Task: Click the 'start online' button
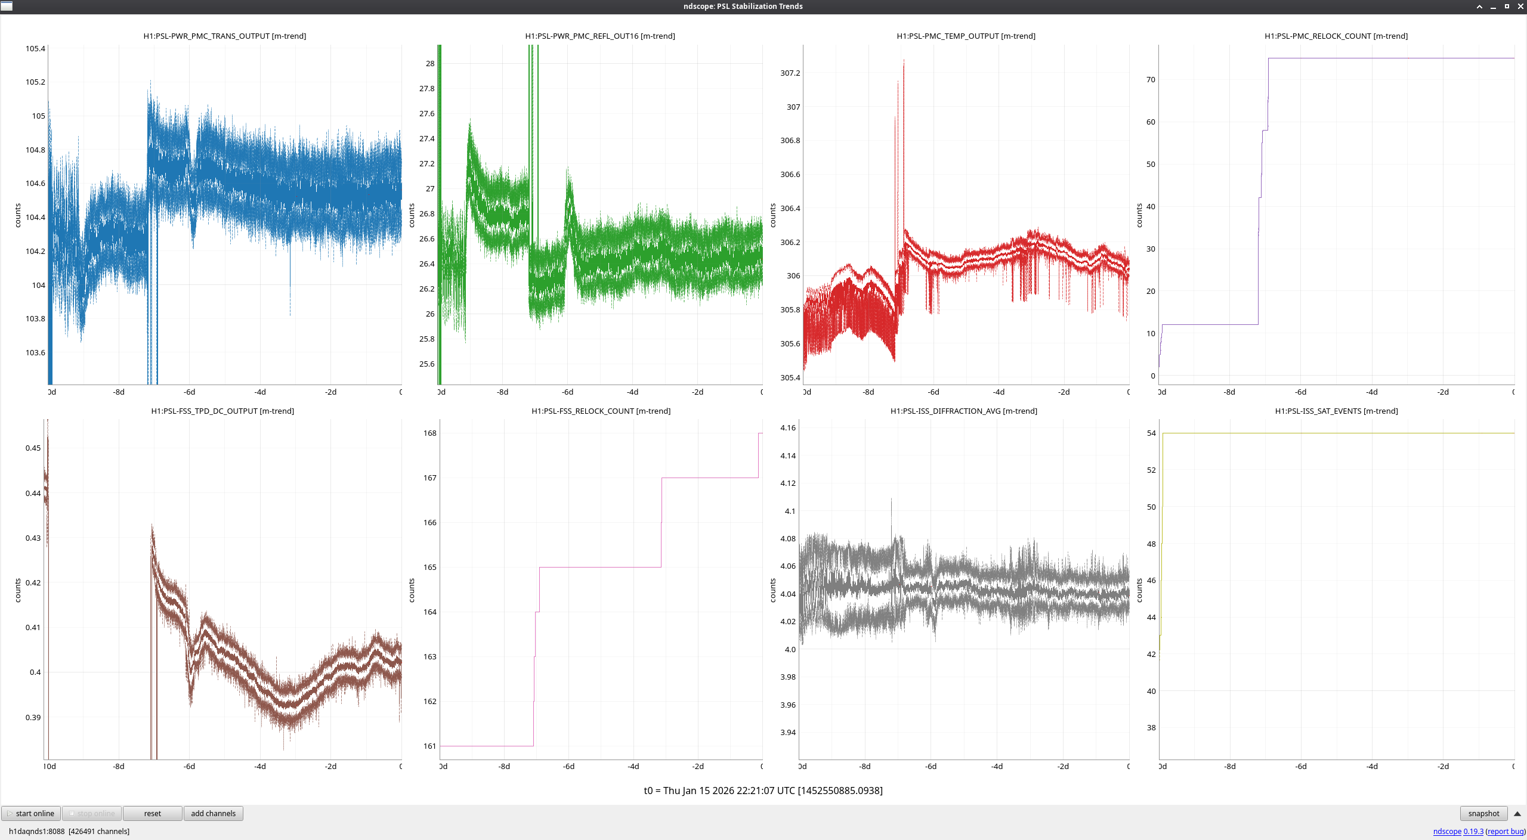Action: pyautogui.click(x=31, y=813)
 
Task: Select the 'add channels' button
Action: pyautogui.click(x=213, y=813)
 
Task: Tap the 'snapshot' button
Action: pyautogui.click(x=1483, y=813)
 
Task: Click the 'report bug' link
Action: pyautogui.click(x=1506, y=831)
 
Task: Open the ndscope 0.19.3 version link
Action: pyautogui.click(x=1458, y=831)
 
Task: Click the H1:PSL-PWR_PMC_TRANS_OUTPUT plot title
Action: pyautogui.click(x=224, y=36)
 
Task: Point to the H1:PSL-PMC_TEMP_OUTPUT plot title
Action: pyautogui.click(x=966, y=36)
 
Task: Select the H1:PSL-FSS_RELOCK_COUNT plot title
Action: pyautogui.click(x=601, y=411)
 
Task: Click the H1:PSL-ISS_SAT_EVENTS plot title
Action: pyautogui.click(x=1336, y=411)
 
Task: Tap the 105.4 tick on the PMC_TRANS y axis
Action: pyautogui.click(x=35, y=48)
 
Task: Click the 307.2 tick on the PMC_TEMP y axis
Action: pyautogui.click(x=790, y=73)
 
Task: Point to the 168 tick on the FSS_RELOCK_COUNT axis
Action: pyautogui.click(x=429, y=433)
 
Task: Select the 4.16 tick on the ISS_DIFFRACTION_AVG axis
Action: pyautogui.click(x=787, y=427)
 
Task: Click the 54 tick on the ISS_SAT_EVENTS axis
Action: pyautogui.click(x=1151, y=433)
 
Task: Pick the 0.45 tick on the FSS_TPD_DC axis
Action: pyautogui.click(x=33, y=448)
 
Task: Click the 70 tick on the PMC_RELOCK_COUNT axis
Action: pyautogui.click(x=1150, y=79)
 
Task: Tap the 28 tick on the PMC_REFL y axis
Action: pyautogui.click(x=429, y=63)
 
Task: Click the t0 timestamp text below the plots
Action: pyautogui.click(x=763, y=791)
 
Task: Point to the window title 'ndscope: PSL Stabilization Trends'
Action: pyautogui.click(x=743, y=7)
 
